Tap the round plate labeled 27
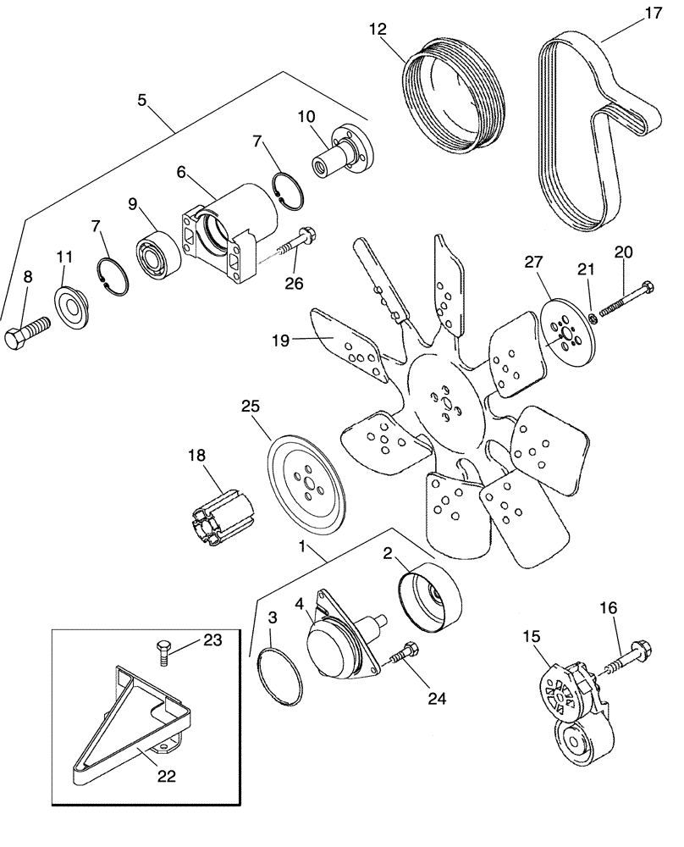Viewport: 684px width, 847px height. click(560, 333)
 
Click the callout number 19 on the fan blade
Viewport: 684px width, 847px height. click(280, 340)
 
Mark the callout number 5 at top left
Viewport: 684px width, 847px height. click(141, 100)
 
